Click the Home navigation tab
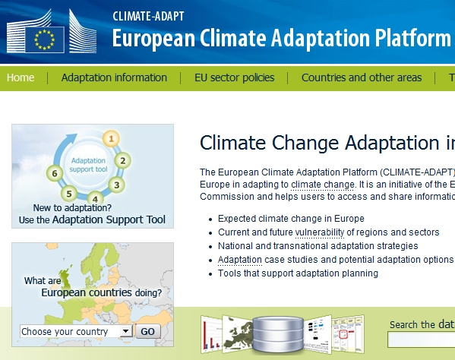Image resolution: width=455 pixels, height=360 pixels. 21,77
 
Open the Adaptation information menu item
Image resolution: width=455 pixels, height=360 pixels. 114,77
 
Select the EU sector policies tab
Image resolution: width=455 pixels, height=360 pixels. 234,77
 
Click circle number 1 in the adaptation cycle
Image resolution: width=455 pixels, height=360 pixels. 112,138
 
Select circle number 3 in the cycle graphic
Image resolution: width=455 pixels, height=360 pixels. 115,184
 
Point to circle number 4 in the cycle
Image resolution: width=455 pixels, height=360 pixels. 94,197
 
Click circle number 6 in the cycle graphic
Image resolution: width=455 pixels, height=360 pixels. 53,172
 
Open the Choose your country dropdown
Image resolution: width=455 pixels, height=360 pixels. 76,332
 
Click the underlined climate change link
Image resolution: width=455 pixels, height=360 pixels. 322,185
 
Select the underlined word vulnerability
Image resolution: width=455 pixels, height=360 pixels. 320,232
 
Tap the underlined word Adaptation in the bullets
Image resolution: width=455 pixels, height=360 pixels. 239,260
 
